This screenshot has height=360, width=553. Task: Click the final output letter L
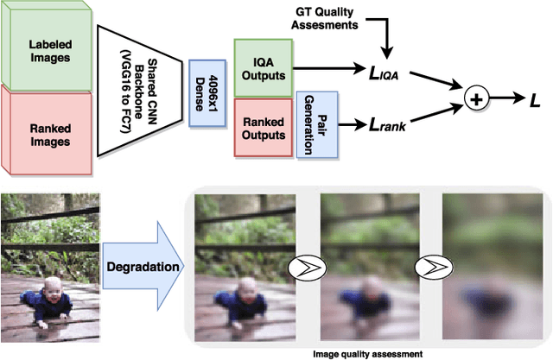537,99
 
